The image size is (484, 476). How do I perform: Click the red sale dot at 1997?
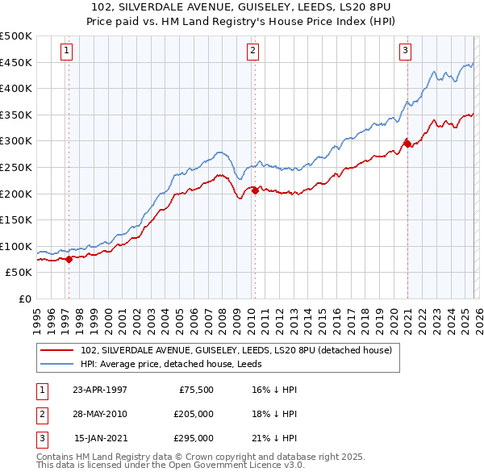point(69,259)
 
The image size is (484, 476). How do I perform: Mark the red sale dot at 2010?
point(255,191)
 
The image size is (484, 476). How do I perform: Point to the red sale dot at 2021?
point(407,144)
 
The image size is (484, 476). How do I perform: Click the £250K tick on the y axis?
point(17,167)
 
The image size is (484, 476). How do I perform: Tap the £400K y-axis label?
point(17,88)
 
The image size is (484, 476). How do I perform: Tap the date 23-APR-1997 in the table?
point(99,390)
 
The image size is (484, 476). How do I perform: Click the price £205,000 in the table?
point(192,414)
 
